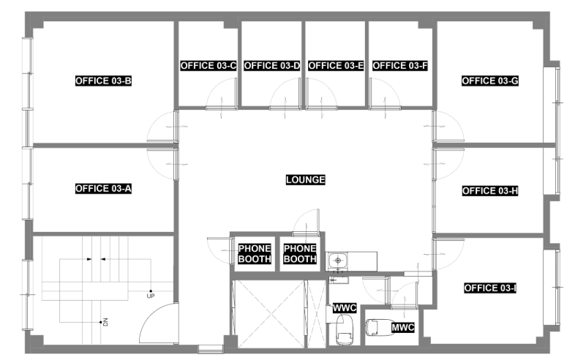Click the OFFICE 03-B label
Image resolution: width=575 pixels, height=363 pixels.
point(103,81)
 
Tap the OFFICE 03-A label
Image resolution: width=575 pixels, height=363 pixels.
point(103,189)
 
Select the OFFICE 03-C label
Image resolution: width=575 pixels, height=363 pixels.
point(208,66)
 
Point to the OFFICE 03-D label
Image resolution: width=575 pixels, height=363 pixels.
point(272,66)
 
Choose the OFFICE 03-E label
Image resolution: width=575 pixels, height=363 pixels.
point(336,66)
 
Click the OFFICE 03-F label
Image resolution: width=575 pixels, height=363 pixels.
point(400,66)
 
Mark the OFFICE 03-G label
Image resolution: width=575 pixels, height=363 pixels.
point(490,81)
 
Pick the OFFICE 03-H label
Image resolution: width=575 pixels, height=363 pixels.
point(490,191)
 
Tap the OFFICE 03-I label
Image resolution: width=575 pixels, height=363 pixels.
point(490,288)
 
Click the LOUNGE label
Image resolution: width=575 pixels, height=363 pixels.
point(306,180)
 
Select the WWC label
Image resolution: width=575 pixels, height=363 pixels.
point(345,308)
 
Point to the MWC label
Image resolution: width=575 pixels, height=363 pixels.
point(402,327)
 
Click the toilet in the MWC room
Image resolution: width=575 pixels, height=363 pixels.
point(377,327)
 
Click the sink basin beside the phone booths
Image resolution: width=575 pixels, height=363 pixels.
point(337,261)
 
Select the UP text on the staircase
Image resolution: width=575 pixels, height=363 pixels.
point(151,296)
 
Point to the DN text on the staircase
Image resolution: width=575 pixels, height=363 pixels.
point(105,322)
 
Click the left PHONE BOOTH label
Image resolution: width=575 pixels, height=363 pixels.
point(255,254)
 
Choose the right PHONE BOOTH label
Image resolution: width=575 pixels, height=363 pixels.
point(300,254)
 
